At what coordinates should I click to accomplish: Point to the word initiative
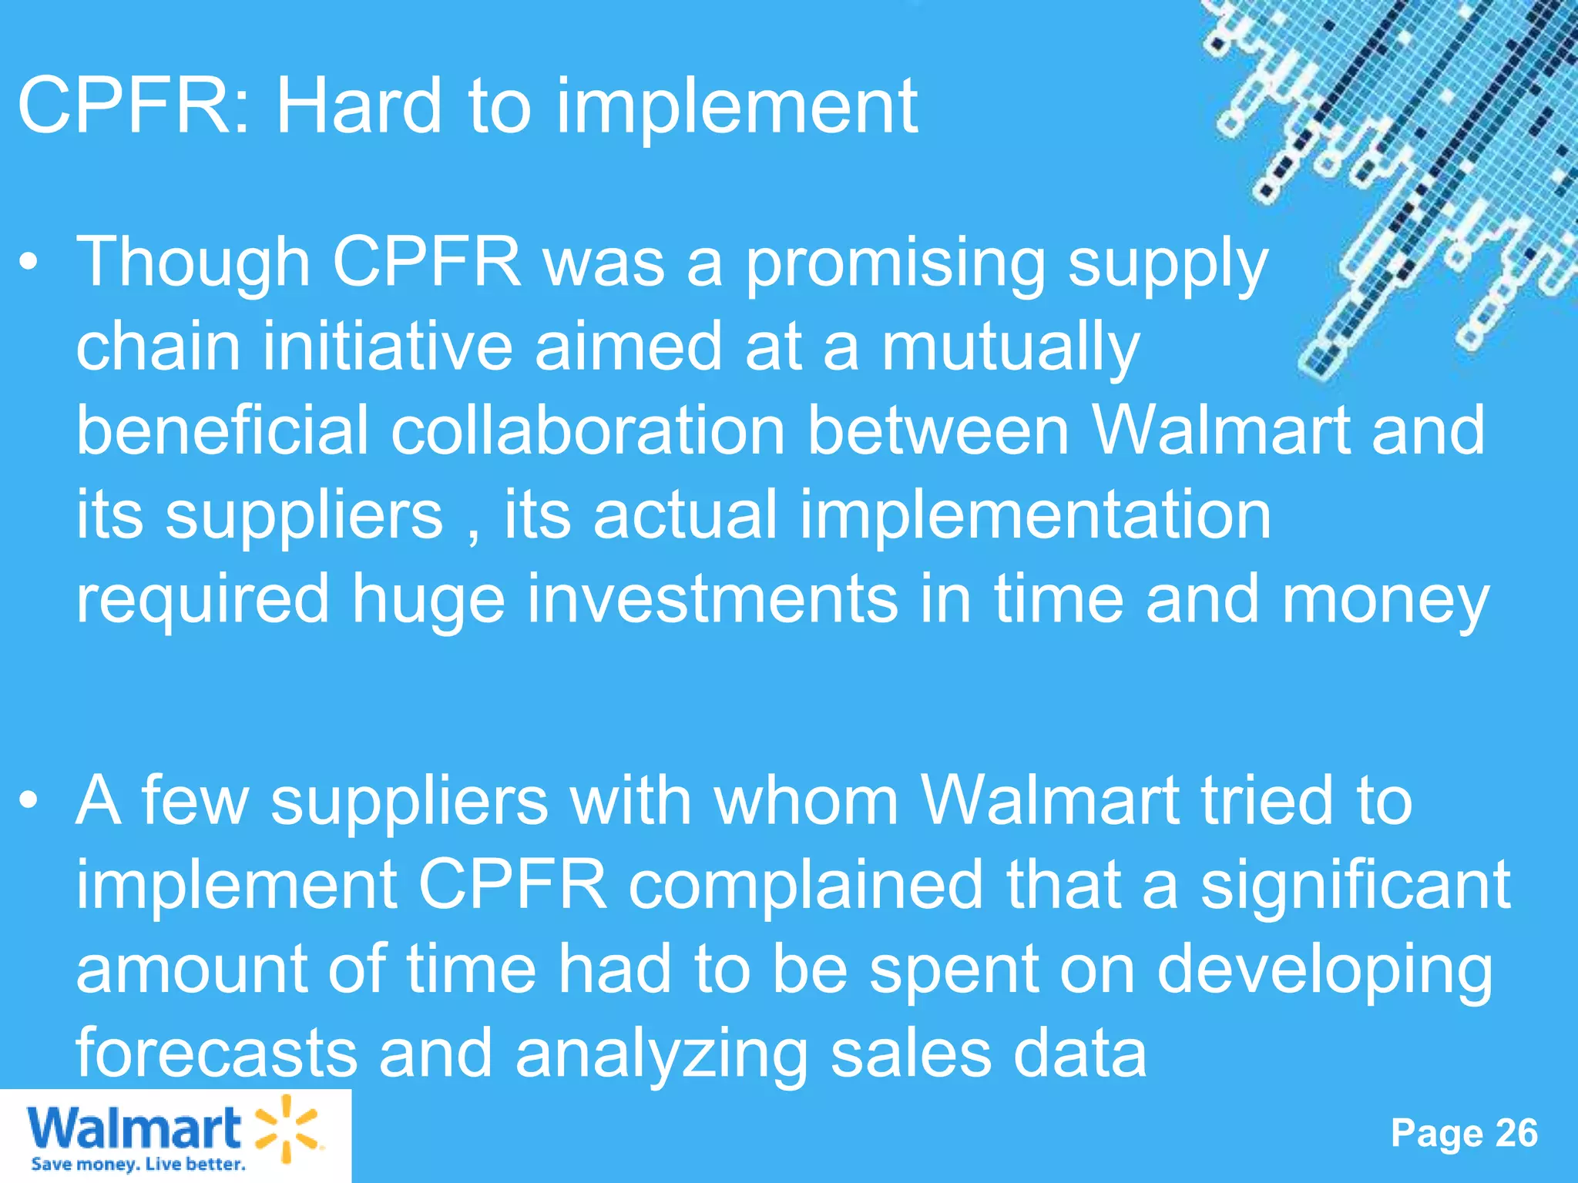(x=387, y=347)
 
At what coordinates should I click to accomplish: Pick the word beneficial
(x=223, y=431)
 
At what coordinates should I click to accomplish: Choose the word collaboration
(x=587, y=431)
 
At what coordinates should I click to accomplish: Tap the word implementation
(x=1035, y=514)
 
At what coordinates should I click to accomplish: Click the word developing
(x=1325, y=971)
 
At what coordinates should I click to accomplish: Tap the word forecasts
(x=217, y=1053)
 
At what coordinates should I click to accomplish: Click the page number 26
(x=1516, y=1133)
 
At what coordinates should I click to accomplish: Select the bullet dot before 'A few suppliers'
(x=29, y=801)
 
